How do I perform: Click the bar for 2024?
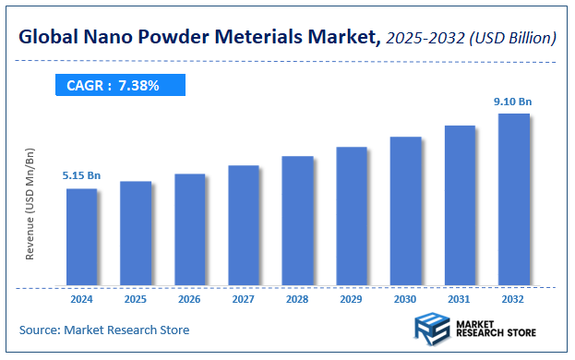81,237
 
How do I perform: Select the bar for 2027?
243,225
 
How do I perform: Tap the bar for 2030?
405,211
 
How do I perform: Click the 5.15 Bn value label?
81,175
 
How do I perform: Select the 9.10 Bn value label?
513,101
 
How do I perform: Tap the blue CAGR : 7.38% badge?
118,86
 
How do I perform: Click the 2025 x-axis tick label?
135,299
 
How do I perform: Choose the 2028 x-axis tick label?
297,299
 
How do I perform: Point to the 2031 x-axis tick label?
459,299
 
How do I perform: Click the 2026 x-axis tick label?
189,299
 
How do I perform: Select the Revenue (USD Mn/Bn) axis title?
30,203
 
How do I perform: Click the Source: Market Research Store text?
103,330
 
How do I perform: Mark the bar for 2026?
189,230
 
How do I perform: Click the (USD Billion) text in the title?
509,38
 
